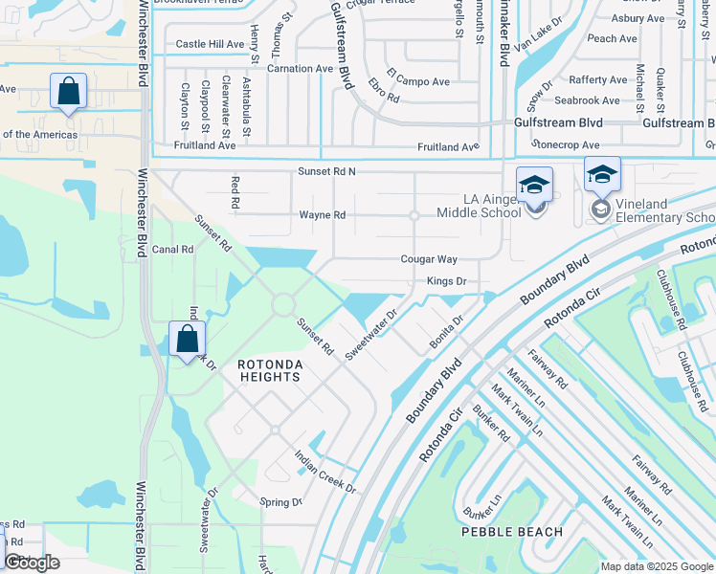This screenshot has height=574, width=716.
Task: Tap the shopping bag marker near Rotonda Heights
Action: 187,339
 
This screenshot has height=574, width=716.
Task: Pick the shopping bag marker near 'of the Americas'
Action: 68,93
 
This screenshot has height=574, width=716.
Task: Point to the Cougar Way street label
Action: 429,259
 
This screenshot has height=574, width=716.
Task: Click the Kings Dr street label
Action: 446,281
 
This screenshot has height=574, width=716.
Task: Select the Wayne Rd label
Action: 322,215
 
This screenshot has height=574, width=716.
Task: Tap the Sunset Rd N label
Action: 326,171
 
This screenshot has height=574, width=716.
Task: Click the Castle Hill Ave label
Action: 210,44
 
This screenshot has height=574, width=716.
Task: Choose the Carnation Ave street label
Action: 300,69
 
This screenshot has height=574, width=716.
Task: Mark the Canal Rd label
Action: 173,249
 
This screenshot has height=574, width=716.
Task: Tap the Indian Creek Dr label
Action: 325,473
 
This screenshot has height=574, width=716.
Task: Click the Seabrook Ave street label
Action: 587,100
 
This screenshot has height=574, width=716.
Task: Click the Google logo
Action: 32,563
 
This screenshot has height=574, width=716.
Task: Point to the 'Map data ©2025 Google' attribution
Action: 657,566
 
